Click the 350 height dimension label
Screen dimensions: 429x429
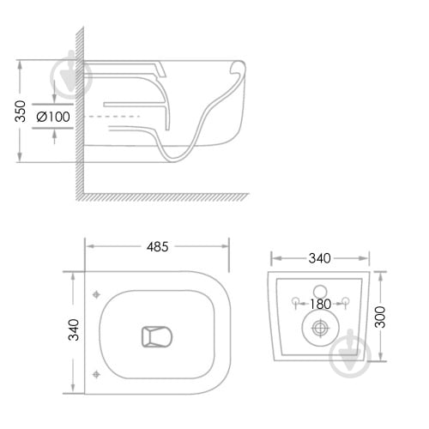coord(21,112)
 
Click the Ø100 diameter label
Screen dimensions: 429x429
coord(53,117)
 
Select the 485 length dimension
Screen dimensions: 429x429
coord(158,247)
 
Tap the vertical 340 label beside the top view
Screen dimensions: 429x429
coord(74,329)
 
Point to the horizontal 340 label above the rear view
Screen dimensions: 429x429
coord(320,258)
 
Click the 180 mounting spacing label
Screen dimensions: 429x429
coord(321,304)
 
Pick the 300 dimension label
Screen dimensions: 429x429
coord(380,317)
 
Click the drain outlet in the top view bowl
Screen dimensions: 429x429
coord(157,336)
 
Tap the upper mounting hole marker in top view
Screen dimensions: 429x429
coord(96,294)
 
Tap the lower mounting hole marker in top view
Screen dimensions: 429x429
coord(96,374)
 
